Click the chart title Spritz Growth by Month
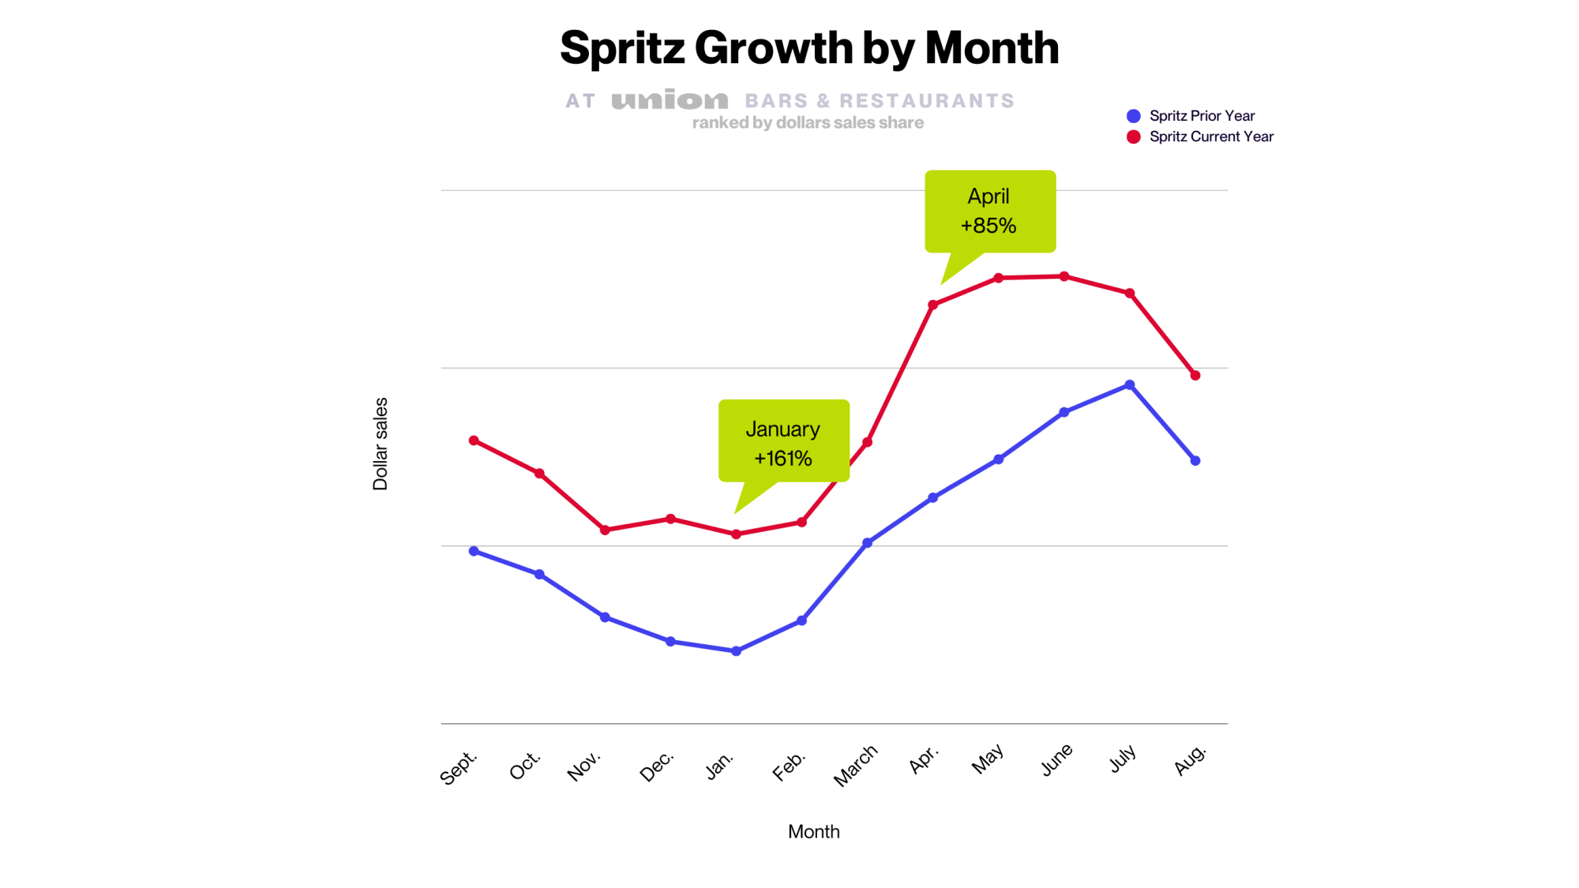[809, 48]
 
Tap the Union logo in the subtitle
[669, 100]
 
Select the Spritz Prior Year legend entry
[1201, 116]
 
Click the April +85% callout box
[990, 212]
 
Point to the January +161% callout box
[783, 440]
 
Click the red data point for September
[474, 440]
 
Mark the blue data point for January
[736, 651]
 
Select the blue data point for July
[1130, 385]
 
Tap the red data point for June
[1064, 276]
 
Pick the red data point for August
[1195, 376]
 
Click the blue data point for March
[867, 543]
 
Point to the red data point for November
[605, 530]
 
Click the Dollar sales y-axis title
[381, 444]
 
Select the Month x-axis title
[813, 831]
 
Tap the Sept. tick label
[459, 767]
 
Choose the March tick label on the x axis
[856, 766]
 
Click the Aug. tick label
[1191, 759]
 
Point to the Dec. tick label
[657, 766]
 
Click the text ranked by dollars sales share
[808, 123]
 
